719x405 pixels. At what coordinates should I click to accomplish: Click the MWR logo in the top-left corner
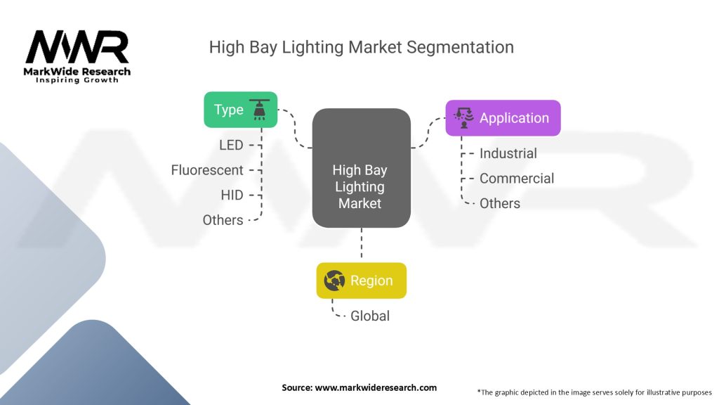pos(77,48)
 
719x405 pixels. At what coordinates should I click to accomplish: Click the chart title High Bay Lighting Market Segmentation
pos(362,47)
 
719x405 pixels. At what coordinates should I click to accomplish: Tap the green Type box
pos(241,110)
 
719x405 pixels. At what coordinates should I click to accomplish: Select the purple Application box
pos(503,118)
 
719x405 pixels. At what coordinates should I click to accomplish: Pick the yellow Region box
pos(361,281)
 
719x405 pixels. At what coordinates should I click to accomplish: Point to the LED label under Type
pos(230,145)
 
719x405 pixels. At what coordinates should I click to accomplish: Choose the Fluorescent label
pos(207,170)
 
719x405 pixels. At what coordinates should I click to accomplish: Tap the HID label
pos(231,195)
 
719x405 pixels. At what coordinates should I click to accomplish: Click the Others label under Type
pos(223,220)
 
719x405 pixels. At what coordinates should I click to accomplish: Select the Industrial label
pos(508,153)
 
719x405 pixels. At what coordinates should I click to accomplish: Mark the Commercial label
pos(516,179)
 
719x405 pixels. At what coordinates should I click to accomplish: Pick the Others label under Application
pos(499,203)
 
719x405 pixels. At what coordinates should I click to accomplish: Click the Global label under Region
pos(370,316)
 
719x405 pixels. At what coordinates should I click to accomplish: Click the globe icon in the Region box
pos(334,281)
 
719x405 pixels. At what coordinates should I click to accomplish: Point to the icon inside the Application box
pos(463,118)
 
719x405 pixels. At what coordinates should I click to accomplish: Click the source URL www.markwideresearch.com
pos(359,387)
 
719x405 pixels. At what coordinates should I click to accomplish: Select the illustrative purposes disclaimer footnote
pos(594,392)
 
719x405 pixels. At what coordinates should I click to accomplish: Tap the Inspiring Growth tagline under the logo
pos(77,80)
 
